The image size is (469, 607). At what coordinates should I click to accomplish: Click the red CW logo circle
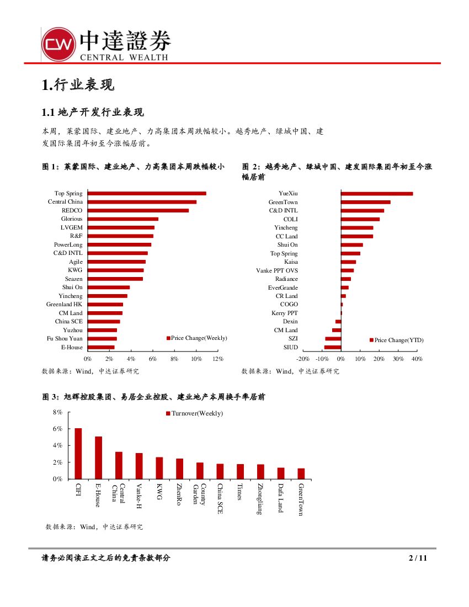58,45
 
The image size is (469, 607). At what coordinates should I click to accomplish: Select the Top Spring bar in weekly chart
147,193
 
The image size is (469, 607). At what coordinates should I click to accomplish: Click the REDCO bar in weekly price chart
138,210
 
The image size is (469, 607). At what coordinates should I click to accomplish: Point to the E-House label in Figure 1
72,347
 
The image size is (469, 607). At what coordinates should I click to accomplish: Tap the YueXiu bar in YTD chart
377,194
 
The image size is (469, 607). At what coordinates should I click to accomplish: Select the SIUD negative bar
333,347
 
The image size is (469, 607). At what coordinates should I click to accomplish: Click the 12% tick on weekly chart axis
218,359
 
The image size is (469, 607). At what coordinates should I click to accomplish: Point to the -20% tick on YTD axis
303,359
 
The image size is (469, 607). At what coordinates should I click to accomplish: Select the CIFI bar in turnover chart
78,453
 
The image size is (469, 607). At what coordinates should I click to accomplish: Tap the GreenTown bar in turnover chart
301,473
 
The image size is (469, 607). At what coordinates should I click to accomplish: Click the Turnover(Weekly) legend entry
196,413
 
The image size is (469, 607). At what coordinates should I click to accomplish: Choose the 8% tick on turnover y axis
57,412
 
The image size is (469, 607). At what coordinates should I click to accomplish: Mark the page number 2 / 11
418,558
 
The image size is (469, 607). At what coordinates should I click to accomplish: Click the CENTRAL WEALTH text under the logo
124,57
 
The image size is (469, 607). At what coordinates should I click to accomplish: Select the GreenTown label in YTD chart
283,202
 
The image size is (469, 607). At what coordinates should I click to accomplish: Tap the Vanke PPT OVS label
277,270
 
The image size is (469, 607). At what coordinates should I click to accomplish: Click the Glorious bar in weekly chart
123,219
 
